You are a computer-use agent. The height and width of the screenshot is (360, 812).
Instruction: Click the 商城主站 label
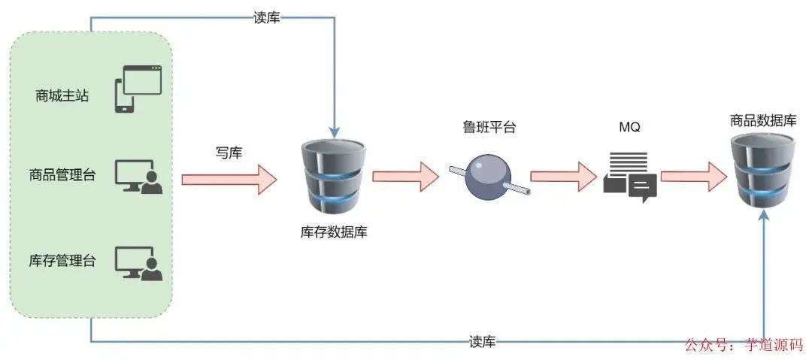[62, 96]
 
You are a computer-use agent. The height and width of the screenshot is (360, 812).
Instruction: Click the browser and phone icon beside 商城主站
[138, 89]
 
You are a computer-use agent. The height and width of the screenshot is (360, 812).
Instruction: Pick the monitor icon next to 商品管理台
[138, 177]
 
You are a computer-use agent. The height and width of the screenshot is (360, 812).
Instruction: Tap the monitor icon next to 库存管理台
[138, 263]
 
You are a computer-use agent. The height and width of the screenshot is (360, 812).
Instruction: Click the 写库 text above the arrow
[229, 153]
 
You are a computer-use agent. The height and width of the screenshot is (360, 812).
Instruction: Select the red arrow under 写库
[229, 179]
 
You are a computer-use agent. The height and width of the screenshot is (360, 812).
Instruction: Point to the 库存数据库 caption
[334, 232]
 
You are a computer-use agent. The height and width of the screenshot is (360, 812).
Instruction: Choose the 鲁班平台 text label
[489, 127]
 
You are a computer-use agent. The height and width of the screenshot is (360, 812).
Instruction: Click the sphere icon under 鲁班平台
[488, 177]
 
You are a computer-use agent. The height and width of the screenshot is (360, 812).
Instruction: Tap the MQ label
[629, 127]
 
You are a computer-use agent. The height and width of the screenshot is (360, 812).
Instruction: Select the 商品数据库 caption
[763, 120]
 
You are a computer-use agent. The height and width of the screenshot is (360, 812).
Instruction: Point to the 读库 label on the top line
[267, 17]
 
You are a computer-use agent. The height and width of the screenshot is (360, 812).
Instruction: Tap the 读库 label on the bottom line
[482, 342]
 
